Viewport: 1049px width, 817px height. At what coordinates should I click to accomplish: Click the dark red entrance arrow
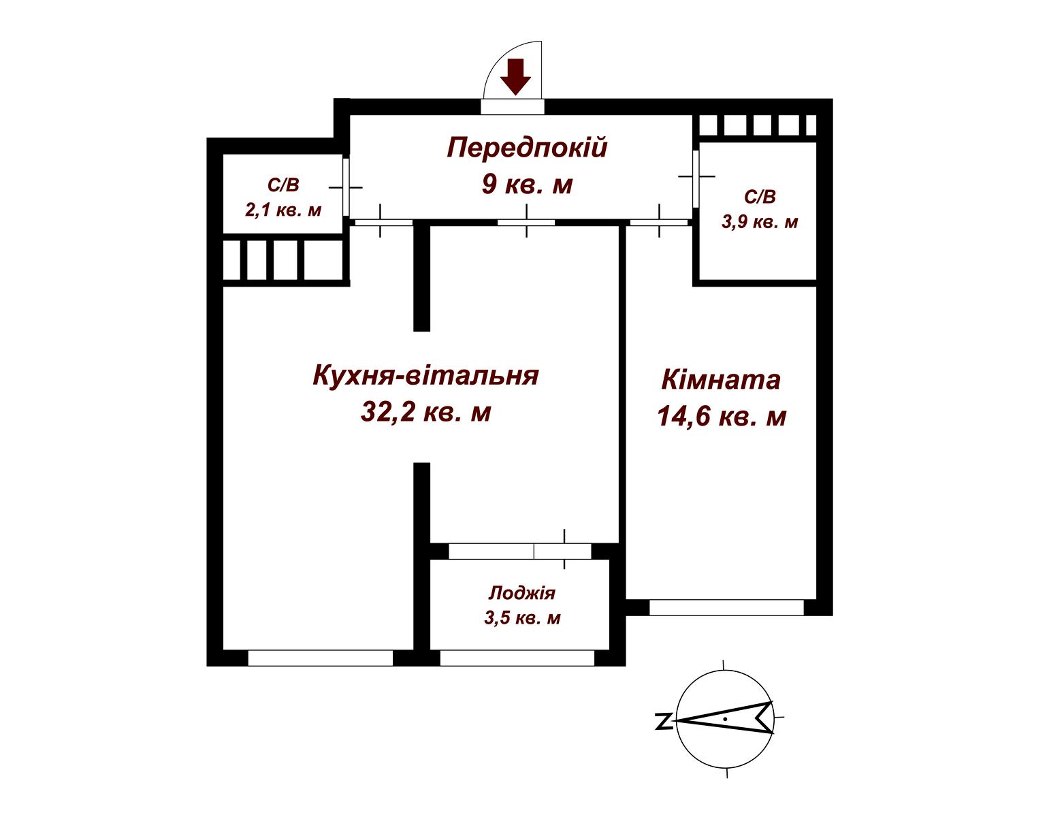pos(515,77)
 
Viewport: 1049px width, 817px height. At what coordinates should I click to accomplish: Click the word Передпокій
pos(527,147)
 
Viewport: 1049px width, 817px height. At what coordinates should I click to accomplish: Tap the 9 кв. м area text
pos(527,185)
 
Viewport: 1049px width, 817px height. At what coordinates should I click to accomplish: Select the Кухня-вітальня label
pos(425,375)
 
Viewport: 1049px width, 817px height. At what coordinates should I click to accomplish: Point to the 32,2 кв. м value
pos(425,412)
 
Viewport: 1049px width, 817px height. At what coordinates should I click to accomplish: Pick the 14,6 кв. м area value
pos(722,416)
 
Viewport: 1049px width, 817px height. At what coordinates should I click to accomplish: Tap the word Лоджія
pos(522,593)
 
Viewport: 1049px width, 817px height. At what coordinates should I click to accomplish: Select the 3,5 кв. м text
pos(522,618)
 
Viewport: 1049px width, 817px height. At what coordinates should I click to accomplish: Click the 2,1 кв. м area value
pos(283,210)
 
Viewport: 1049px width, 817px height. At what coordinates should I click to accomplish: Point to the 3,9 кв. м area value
pos(760,222)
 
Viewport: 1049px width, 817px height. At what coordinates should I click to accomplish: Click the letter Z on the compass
pos(664,721)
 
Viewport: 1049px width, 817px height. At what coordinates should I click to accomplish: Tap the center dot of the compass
pos(725,719)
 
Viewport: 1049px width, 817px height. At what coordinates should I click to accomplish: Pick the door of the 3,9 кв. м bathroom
pos(696,178)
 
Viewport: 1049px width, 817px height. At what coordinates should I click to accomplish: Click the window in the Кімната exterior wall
pos(726,607)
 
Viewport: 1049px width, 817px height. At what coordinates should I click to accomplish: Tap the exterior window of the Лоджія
pos(517,658)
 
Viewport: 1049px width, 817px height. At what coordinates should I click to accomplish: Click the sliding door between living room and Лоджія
pos(520,551)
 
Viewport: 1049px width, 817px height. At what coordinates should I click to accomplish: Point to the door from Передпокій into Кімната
pos(659,223)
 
